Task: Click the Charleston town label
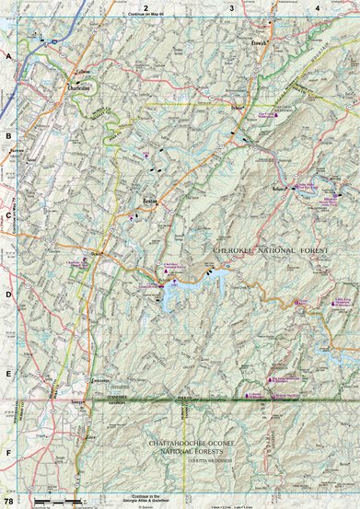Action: click(x=78, y=88)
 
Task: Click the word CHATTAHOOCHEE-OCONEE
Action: click(x=190, y=444)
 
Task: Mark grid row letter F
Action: click(x=8, y=453)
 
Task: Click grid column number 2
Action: click(x=145, y=8)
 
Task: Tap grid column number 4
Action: click(x=317, y=8)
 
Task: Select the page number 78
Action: click(x=8, y=501)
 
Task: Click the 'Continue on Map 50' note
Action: click(x=146, y=16)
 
